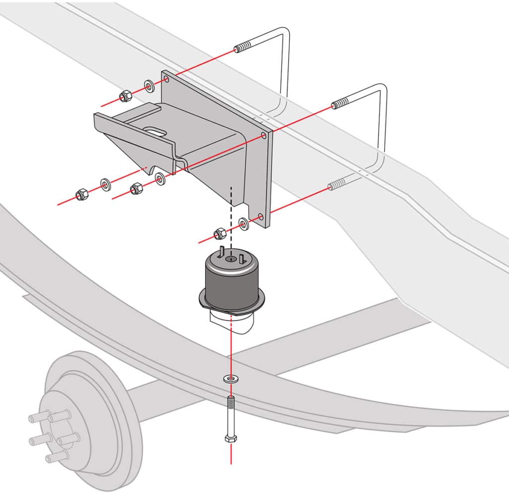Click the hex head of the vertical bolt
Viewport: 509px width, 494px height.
tap(231, 439)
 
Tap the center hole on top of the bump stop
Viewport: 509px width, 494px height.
tap(231, 259)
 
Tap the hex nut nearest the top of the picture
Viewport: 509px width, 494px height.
tap(125, 96)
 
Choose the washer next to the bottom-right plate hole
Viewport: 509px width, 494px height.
tap(244, 224)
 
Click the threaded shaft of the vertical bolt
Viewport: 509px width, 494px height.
tap(231, 412)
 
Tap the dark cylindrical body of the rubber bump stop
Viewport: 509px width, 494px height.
tap(231, 286)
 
